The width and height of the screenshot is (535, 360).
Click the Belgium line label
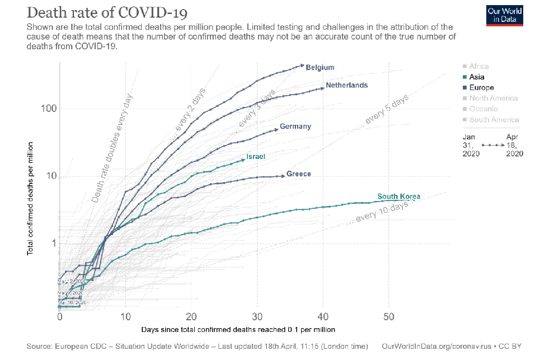320,67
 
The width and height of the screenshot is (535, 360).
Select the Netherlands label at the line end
347,85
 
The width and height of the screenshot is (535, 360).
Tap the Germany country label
295,127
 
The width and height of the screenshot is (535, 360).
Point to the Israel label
256,157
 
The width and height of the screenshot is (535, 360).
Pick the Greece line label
299,174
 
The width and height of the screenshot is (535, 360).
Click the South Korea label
398,197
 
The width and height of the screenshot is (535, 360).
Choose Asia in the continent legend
477,77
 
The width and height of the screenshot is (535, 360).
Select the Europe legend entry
481,88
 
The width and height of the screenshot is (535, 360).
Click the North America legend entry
493,99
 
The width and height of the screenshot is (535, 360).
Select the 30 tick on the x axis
257,317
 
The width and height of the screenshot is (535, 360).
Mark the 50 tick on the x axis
388,317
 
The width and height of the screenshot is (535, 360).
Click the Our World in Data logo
505,15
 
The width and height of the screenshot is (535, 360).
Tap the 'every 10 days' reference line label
374,213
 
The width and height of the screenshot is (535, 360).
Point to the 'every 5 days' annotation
387,109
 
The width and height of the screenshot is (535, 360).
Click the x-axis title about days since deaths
238,329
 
